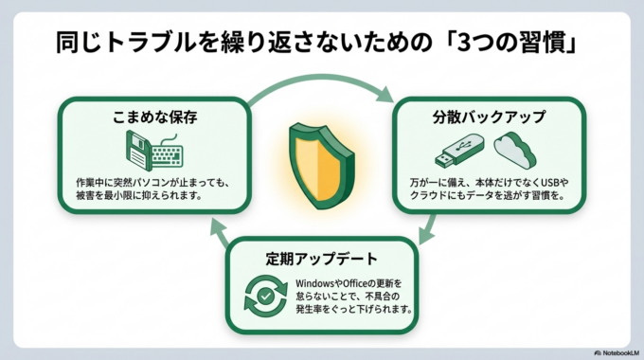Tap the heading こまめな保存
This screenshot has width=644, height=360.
tap(154, 117)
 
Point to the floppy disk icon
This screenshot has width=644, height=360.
tap(139, 151)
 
